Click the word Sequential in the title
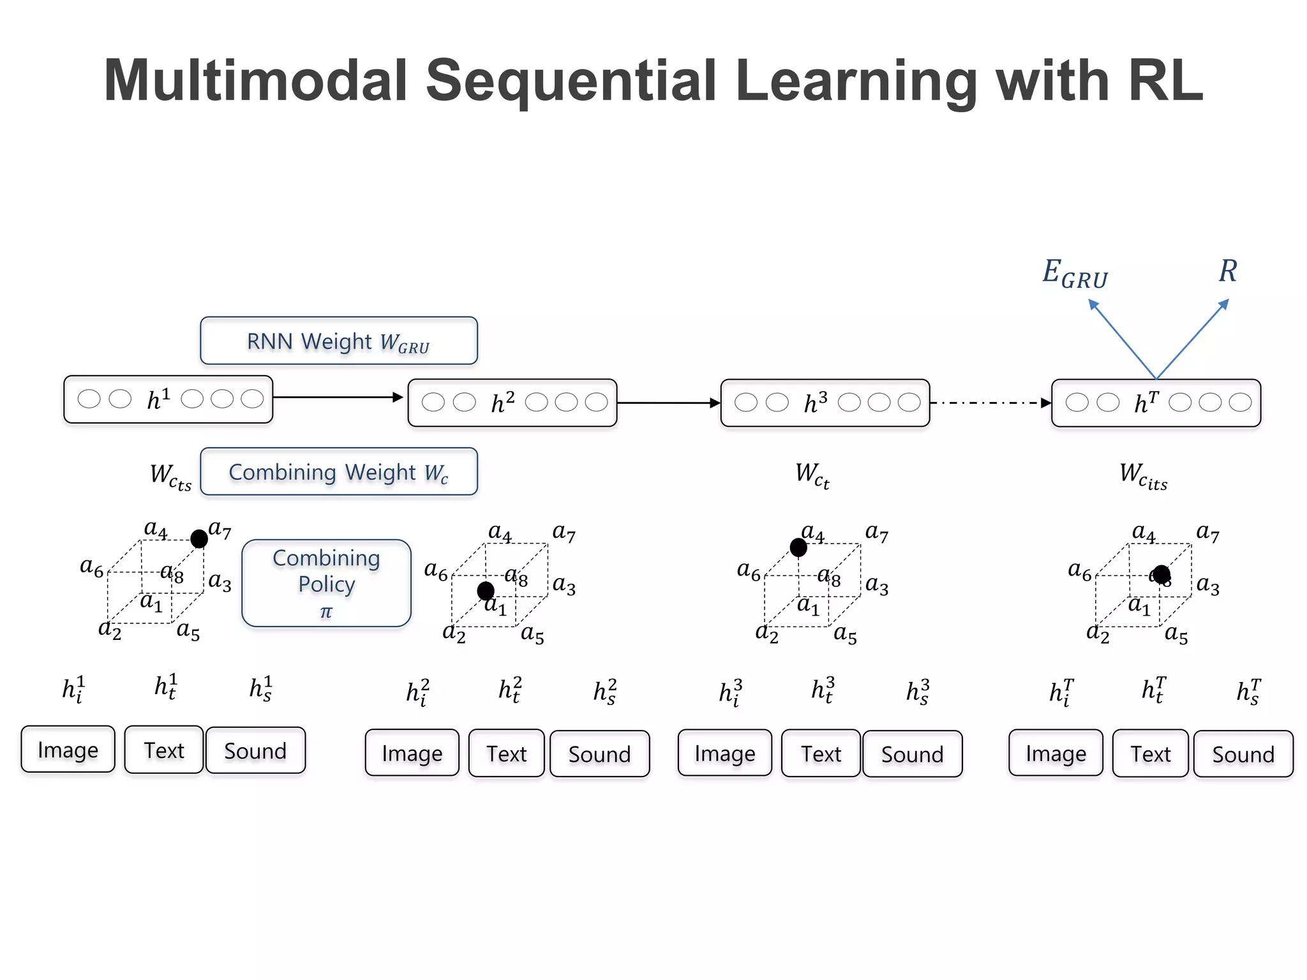571,81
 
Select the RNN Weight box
338,341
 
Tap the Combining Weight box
338,472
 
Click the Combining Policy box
326,583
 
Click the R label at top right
1228,271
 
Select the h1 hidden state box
168,399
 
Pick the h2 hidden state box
512,403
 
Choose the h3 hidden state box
825,403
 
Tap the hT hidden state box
1156,403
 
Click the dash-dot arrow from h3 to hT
989,403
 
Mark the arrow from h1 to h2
338,397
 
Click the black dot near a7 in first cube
199,539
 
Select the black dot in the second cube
486,591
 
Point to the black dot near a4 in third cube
798,547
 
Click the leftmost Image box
68,750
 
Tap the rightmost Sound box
1243,754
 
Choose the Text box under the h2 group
507,754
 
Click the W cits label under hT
1143,476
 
